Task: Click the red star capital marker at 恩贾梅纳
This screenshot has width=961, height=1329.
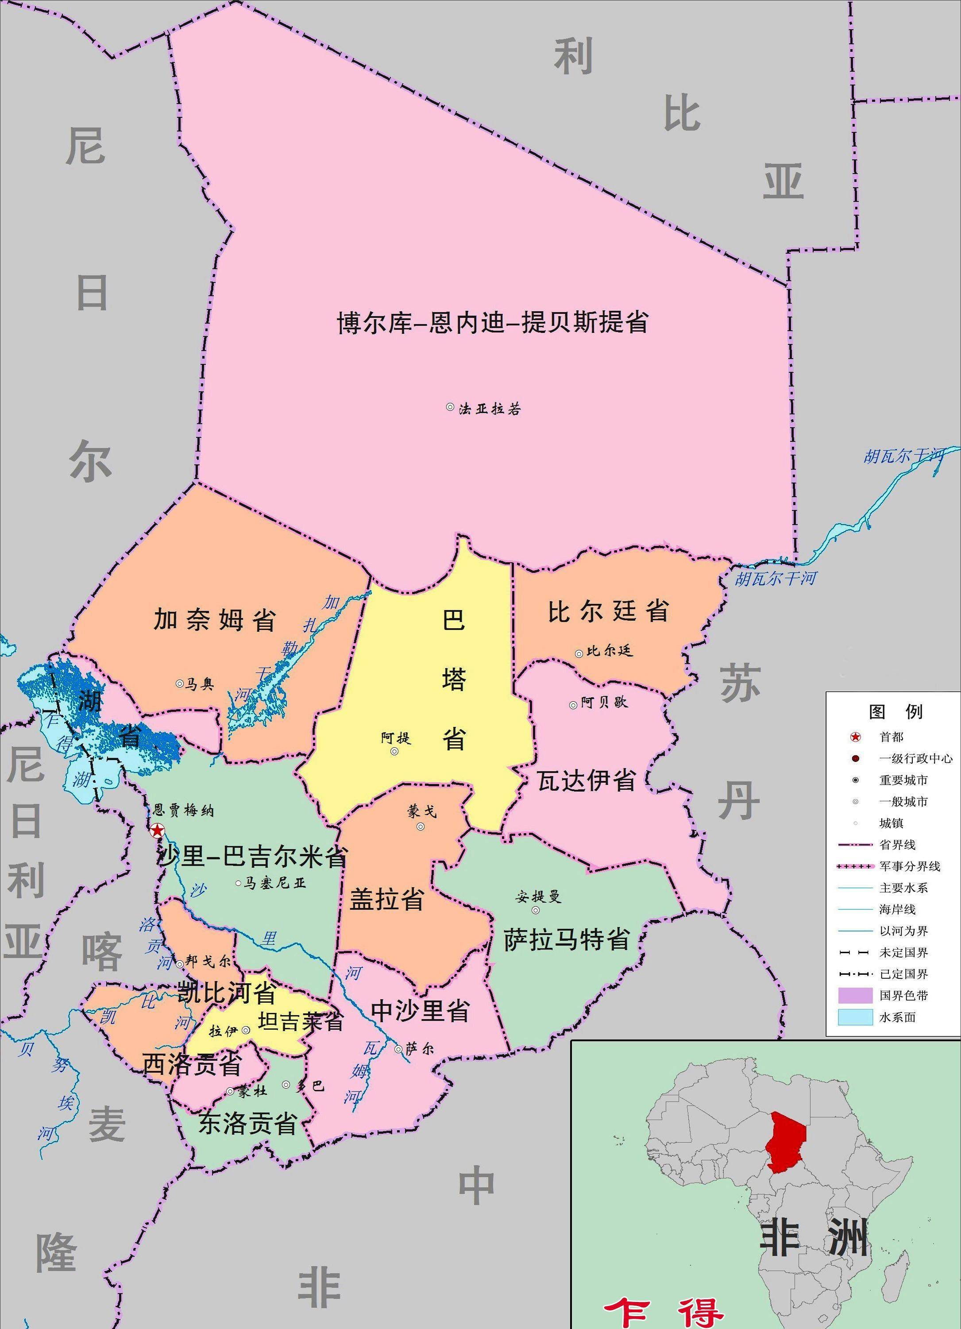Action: point(157,831)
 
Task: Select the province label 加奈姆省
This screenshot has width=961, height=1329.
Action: point(215,619)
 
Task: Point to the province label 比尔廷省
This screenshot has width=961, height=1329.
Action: point(608,611)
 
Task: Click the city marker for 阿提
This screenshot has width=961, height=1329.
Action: point(394,751)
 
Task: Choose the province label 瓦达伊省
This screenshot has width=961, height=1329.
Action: point(587,780)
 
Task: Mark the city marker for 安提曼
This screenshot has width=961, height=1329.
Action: point(536,910)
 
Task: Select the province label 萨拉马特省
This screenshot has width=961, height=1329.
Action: point(567,939)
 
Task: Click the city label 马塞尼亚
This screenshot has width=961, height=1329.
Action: point(274,883)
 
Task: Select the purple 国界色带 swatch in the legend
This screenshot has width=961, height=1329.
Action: point(855,996)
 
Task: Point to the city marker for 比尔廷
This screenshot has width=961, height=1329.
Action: point(579,653)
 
